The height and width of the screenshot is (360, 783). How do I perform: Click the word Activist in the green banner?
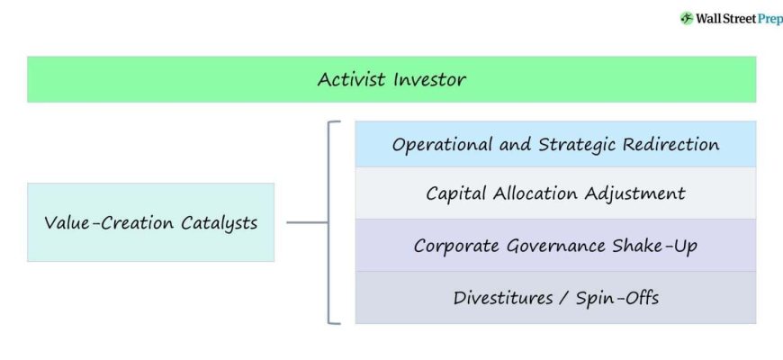[x=351, y=79]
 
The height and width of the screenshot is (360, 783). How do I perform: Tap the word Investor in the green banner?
[x=429, y=79]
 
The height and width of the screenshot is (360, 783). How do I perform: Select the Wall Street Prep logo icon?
[x=687, y=19]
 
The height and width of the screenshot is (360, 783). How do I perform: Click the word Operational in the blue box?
[x=442, y=145]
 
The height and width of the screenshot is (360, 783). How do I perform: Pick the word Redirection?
[x=671, y=145]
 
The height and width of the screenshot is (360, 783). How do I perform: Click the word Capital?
[x=455, y=193]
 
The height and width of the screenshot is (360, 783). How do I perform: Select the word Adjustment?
[x=634, y=193]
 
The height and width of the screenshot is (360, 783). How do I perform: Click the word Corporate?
[x=456, y=247]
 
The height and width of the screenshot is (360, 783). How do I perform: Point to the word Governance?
[x=549, y=247]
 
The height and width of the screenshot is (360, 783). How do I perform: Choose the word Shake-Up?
[x=648, y=247]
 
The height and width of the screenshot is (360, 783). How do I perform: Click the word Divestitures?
[x=503, y=298]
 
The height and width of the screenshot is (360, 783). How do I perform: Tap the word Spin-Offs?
[x=617, y=298]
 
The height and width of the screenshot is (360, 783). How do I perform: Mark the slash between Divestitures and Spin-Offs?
[x=564, y=299]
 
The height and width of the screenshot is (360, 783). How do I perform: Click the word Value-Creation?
[x=108, y=222]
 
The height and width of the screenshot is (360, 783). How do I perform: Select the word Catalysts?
[x=220, y=222]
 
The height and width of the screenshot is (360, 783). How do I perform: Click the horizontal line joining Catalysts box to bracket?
[x=307, y=222]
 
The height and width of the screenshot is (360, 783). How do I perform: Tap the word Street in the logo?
[x=739, y=19]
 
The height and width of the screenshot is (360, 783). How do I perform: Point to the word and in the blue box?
[x=515, y=145]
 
